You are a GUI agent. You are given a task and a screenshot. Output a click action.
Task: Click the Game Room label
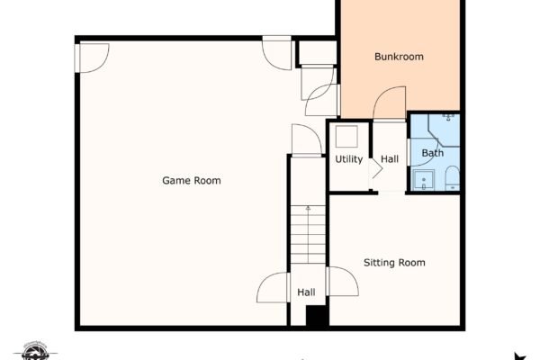click(x=192, y=181)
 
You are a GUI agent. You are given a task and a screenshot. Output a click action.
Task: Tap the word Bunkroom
click(x=399, y=57)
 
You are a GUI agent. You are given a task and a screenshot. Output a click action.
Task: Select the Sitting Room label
click(x=394, y=263)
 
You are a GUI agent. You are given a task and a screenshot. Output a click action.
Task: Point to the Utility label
click(x=349, y=159)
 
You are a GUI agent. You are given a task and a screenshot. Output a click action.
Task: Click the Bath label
click(x=433, y=153)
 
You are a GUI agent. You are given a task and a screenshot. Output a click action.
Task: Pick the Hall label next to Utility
click(x=390, y=159)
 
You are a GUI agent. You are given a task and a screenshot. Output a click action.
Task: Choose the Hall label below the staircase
click(x=306, y=292)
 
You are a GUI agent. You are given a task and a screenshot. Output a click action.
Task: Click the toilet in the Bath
click(x=452, y=178)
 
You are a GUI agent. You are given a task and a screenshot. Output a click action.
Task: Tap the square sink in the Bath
click(x=423, y=180)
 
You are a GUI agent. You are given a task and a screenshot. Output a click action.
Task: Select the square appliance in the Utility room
click(x=346, y=137)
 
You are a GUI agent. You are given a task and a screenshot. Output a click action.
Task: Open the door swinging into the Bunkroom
click(x=390, y=103)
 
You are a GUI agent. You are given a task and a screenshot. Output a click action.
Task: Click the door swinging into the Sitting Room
click(x=343, y=281)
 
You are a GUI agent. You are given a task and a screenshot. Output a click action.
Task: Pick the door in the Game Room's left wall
click(x=93, y=58)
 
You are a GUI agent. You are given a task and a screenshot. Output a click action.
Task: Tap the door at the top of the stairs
click(x=307, y=139)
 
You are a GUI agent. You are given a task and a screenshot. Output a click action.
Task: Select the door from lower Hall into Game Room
click(x=273, y=288)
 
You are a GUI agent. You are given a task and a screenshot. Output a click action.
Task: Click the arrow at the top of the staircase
click(x=308, y=208)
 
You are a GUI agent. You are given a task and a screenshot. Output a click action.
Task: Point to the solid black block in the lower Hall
click(x=317, y=316)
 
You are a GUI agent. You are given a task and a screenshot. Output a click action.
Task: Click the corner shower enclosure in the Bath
click(x=444, y=130)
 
